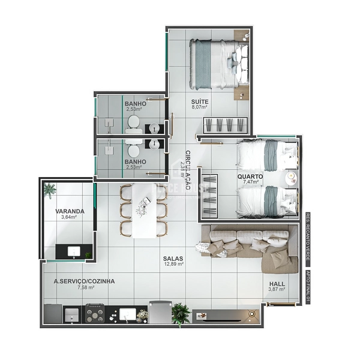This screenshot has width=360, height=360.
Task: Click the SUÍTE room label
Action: pyautogui.click(x=200, y=102)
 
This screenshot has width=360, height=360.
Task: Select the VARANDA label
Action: pyautogui.click(x=70, y=211)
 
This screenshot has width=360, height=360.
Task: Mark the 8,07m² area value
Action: pyautogui.click(x=200, y=109)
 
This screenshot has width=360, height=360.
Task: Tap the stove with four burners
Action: pyautogui.click(x=95, y=313)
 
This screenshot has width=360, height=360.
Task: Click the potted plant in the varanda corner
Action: pyautogui.click(x=49, y=191)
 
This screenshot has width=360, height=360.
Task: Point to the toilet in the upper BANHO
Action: pyautogui.click(x=134, y=124)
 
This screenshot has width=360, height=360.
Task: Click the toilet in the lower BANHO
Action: pyautogui.click(x=134, y=144)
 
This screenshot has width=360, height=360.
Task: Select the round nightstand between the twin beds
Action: pyautogui.click(x=290, y=177)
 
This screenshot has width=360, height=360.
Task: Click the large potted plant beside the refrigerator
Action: pyautogui.click(x=180, y=313)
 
